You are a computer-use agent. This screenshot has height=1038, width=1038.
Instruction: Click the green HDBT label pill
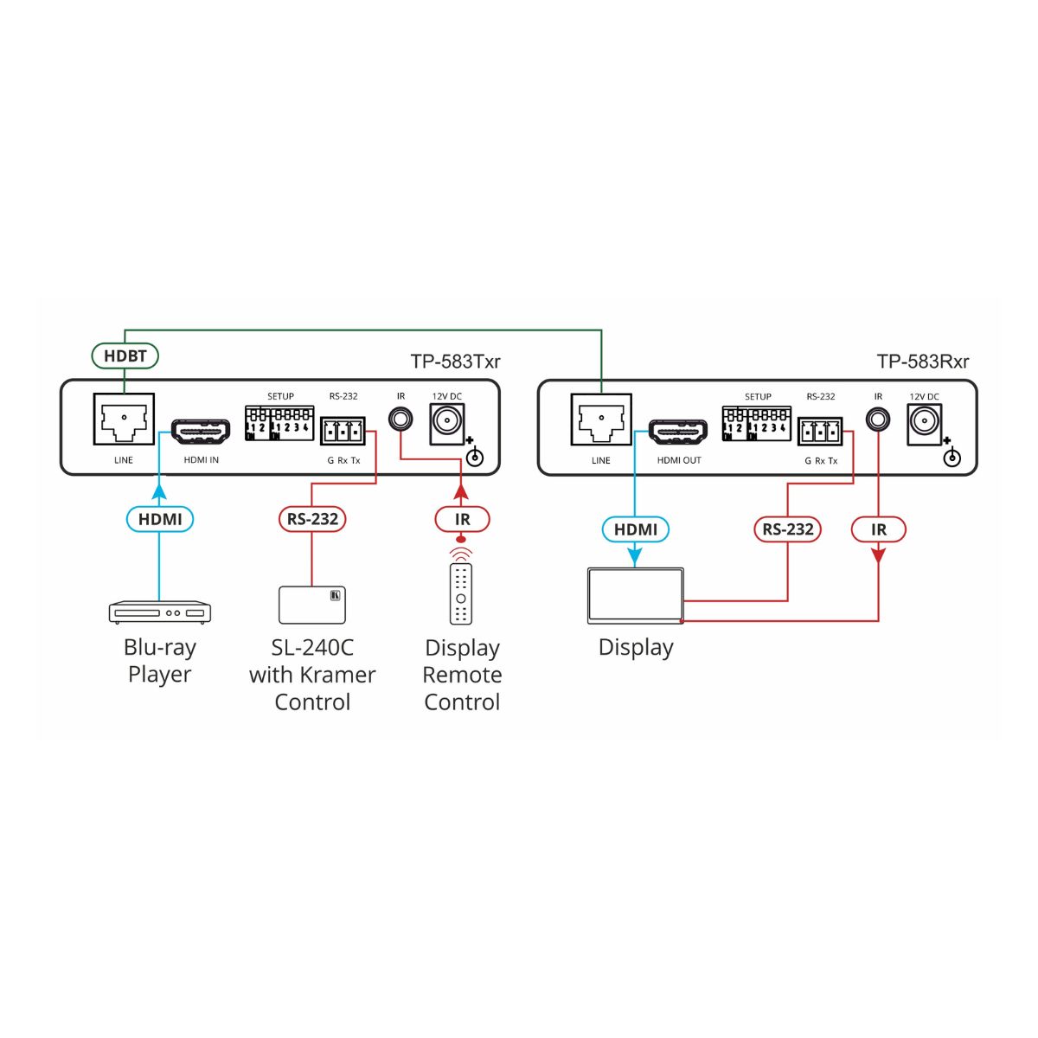(125, 356)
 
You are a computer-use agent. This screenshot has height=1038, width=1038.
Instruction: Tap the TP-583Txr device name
(455, 361)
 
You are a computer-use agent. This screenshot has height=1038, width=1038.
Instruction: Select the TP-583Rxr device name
(923, 361)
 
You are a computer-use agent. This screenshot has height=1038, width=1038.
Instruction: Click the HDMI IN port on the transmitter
(201, 431)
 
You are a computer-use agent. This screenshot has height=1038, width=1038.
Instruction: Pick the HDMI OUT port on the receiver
(677, 431)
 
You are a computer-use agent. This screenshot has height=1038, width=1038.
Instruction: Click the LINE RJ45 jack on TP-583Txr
(124, 419)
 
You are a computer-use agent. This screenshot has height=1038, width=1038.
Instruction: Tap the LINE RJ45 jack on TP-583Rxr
(601, 419)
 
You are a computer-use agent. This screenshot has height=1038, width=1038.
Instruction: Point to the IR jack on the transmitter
(400, 419)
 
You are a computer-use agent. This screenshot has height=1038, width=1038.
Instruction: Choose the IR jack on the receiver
(877, 419)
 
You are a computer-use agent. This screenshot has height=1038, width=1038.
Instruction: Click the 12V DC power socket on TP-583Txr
(446, 425)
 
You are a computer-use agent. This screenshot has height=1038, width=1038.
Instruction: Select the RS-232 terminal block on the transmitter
(343, 431)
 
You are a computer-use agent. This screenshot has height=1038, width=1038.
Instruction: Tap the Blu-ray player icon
(159, 612)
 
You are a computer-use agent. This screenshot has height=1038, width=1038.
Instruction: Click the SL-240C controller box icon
(312, 605)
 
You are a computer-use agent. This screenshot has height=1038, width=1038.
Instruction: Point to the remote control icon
(460, 593)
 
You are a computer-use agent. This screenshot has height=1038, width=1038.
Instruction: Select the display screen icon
(636, 596)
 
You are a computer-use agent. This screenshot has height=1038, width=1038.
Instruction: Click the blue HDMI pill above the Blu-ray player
(159, 519)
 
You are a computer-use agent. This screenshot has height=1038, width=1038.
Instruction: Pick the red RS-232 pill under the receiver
(787, 529)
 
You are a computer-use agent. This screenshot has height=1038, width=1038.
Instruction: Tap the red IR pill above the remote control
(462, 519)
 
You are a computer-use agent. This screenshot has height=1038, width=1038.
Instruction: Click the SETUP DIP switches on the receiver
(756, 423)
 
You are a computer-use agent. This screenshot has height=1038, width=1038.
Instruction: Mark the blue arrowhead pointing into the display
(635, 558)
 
